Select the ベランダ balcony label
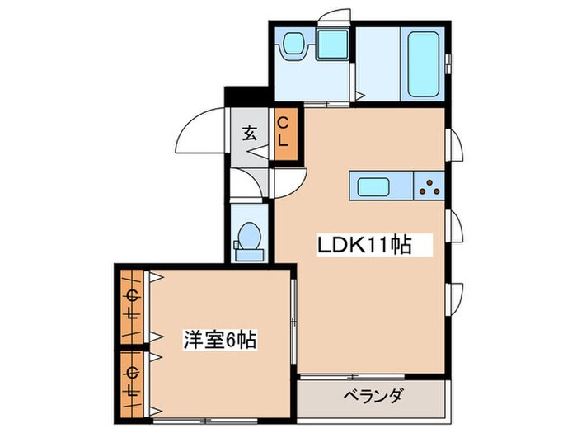373,398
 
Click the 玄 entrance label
249,133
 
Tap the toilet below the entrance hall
247,238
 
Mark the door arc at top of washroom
333,17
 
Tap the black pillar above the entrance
246,96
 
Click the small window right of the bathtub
448,63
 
